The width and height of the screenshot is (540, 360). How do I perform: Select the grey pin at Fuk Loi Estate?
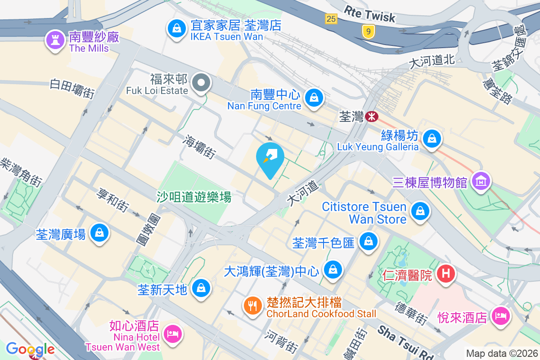coord(201,83)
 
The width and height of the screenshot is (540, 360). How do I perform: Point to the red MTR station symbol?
coord(372,117)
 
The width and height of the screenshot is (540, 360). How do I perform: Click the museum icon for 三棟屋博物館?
coord(481,181)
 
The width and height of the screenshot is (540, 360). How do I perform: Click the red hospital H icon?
coord(446,274)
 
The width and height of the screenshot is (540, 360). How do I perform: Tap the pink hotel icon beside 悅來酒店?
coord(500,316)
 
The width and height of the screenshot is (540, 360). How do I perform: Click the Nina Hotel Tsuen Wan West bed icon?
coord(172,334)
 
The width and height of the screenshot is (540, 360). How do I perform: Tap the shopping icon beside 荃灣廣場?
coord(99,233)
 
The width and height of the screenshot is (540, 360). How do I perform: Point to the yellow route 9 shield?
coord(369,31)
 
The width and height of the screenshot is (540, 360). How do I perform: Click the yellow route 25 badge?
coord(331,18)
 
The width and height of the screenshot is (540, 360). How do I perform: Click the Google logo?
coord(30,349)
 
